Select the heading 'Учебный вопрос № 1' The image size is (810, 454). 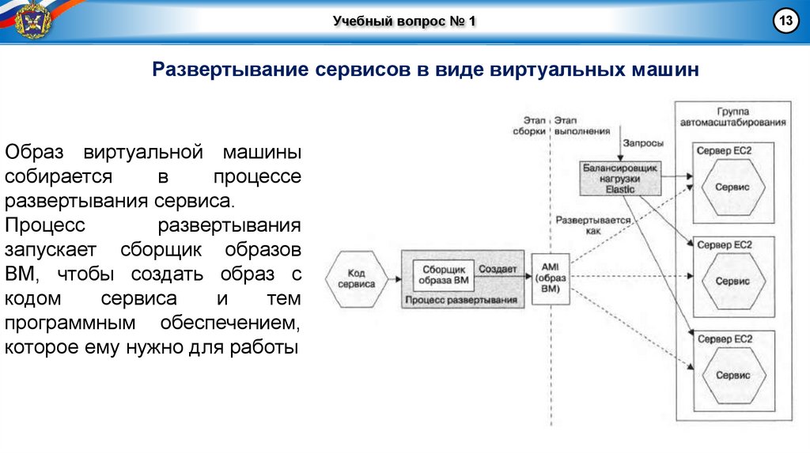tap(404, 21)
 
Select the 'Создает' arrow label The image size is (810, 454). tap(498, 270)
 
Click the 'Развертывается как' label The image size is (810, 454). tap(593, 225)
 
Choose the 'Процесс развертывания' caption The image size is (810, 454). tap(460, 301)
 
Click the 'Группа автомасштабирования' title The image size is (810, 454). tap(733, 117)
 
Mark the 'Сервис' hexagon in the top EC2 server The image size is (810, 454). tap(732, 187)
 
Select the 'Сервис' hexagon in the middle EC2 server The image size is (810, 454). tap(732, 281)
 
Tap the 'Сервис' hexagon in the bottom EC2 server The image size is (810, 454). tap(732, 375)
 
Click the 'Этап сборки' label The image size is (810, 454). tap(528, 126)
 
